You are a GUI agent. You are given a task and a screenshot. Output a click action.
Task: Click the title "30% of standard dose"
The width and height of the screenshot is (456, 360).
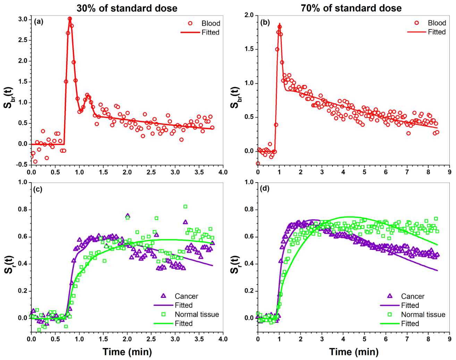(x=127, y=8)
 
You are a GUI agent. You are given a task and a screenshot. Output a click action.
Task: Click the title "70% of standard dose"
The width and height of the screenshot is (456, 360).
(x=351, y=8)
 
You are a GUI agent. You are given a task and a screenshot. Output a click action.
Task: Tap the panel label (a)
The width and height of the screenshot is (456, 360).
(x=39, y=22)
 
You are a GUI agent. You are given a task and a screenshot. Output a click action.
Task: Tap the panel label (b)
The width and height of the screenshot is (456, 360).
(x=265, y=23)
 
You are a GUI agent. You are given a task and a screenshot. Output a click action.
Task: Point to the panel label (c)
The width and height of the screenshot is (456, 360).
(x=38, y=190)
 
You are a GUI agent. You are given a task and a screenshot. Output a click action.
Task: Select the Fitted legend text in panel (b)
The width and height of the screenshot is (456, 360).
(x=437, y=32)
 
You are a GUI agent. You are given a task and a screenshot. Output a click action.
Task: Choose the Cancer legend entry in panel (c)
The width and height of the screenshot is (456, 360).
(x=186, y=296)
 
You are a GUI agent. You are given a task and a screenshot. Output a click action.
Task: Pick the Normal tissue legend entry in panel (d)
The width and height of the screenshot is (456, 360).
(x=423, y=315)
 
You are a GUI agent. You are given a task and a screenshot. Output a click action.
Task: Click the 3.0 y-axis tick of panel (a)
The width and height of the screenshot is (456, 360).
(x=23, y=19)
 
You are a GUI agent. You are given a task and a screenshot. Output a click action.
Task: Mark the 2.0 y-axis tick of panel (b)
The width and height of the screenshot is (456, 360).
(x=249, y=15)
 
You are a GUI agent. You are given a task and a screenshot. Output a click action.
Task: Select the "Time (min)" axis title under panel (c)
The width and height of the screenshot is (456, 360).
(x=127, y=352)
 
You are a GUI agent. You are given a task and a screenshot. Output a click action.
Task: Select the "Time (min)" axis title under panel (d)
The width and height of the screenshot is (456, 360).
(x=354, y=352)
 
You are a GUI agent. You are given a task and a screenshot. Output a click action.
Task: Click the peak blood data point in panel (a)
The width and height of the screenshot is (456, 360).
(x=70, y=19)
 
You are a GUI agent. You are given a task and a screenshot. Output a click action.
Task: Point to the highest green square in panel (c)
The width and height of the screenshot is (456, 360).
(x=185, y=207)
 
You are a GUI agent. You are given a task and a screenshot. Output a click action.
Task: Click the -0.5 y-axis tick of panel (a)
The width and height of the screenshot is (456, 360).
(x=22, y=165)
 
